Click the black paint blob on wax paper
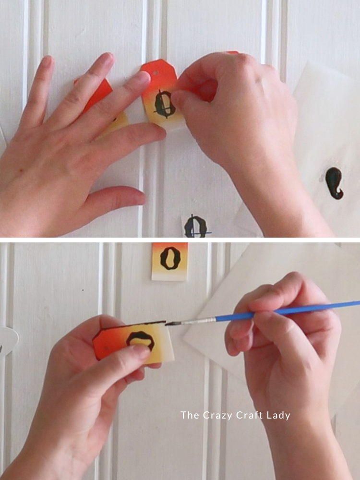pyautogui.click(x=334, y=183)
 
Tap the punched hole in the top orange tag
pyautogui.click(x=156, y=73)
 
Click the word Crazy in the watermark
pyautogui.click(x=216, y=415)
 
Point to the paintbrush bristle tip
pyautogui.click(x=167, y=323)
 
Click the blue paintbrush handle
pyautogui.click(x=288, y=311)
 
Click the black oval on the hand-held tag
pyautogui.click(x=141, y=340)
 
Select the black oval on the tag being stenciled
pyautogui.click(x=164, y=104)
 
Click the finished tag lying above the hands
pyautogui.click(x=170, y=262)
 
